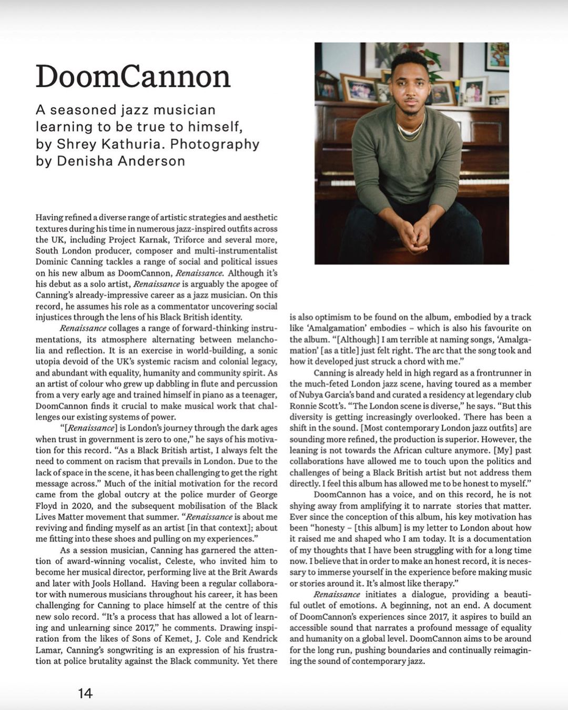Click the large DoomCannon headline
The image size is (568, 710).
pos(133,77)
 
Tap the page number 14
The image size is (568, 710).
pos(85,693)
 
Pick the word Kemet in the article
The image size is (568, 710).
pos(173,638)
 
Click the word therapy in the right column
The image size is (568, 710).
pos(438,583)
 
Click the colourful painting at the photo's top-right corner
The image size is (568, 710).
pos(496,55)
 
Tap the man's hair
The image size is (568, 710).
pos(409,59)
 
